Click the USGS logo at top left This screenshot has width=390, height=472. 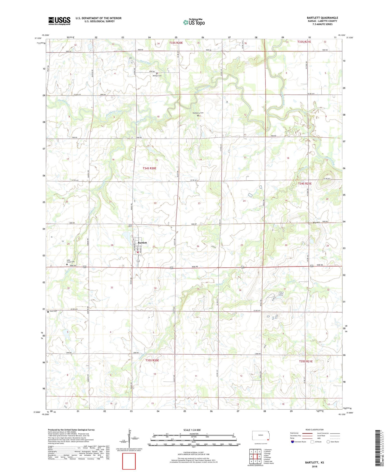coord(59,21)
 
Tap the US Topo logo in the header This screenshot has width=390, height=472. coord(194,22)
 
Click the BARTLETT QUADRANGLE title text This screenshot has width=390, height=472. coord(322,18)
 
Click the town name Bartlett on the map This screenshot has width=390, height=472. coord(142,243)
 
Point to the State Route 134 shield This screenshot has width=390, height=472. coord(138,261)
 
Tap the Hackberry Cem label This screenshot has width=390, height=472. coord(198,113)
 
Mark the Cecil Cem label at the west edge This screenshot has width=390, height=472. coord(53,311)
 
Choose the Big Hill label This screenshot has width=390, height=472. coord(316,223)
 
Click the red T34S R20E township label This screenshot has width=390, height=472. coord(149,168)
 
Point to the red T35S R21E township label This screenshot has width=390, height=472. coord(305,361)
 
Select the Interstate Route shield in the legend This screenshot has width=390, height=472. coord(292,442)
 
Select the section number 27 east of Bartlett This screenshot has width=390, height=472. coord(154,247)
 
